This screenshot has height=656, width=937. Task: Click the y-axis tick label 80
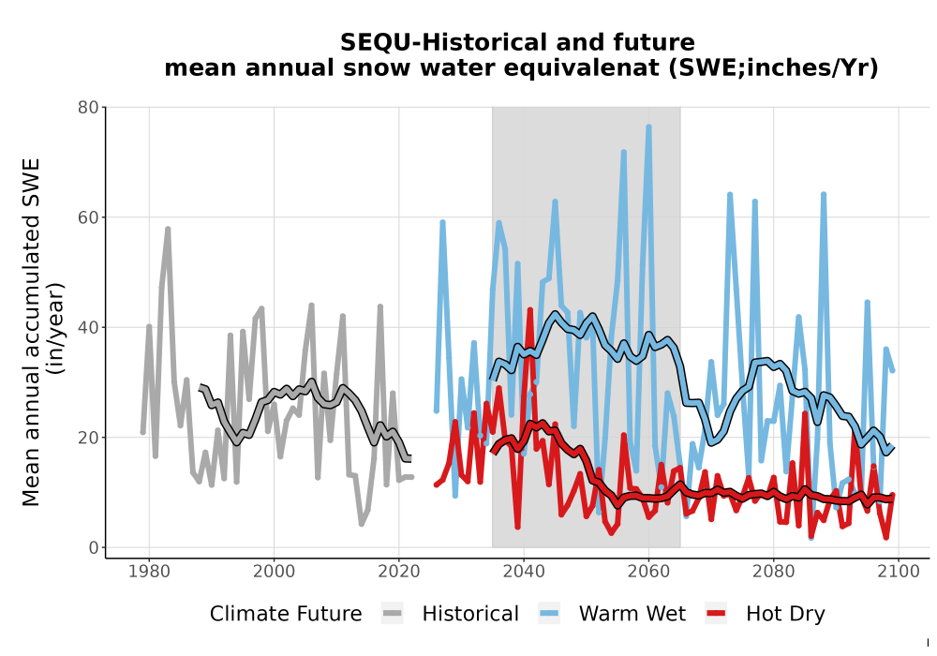(88, 108)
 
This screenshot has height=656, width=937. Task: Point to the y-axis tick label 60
(88, 217)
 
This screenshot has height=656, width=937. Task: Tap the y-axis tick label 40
(88, 327)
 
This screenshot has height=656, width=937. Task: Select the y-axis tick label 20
(88, 438)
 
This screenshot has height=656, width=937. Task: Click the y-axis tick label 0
(93, 547)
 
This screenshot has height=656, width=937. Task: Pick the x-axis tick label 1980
(149, 572)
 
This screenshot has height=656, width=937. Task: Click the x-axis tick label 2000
(275, 572)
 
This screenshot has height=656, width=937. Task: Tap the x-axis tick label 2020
(399, 572)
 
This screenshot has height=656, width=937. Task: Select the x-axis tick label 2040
(524, 572)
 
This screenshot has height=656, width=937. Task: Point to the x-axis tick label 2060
(648, 572)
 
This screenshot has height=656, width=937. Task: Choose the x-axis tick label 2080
(773, 572)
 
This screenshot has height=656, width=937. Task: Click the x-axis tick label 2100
(899, 572)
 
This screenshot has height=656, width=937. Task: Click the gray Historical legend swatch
(393, 614)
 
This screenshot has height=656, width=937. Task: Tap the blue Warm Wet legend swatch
(549, 614)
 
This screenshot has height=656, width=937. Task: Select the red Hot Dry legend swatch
(716, 614)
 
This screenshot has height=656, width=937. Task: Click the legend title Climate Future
(286, 614)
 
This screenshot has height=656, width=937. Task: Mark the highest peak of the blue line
(648, 127)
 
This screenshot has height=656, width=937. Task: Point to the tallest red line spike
(530, 309)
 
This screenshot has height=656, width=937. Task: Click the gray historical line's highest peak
(168, 229)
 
